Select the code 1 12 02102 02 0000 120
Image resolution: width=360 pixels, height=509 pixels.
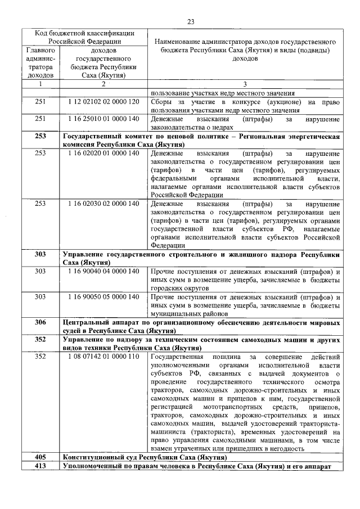point(103,102)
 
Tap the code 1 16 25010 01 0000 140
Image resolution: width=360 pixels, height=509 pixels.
point(103,119)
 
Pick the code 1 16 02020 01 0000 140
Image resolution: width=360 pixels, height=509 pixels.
point(103,153)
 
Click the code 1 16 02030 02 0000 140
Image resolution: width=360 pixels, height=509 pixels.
point(103,204)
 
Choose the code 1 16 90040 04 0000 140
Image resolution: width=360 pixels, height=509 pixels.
point(103,271)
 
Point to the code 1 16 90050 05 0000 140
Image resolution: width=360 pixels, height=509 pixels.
point(103,296)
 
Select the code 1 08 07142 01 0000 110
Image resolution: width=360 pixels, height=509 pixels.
point(103,357)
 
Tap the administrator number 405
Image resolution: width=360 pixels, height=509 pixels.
point(40,458)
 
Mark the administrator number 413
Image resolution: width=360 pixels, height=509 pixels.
point(40,466)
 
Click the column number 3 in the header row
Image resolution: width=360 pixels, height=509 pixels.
point(245,84)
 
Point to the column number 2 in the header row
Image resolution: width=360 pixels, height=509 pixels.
point(103,84)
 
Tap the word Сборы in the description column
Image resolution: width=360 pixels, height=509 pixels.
point(163,102)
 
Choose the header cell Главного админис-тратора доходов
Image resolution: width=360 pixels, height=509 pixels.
point(40,62)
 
